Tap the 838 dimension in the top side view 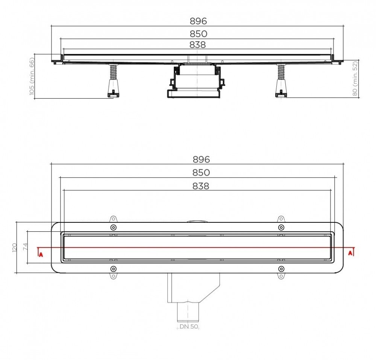197,45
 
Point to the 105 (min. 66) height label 32,76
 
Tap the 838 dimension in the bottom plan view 201,185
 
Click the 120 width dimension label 15,247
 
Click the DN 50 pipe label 188,327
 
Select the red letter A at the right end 350,253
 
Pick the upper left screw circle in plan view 113,228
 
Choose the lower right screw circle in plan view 281,269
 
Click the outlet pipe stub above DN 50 186,312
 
